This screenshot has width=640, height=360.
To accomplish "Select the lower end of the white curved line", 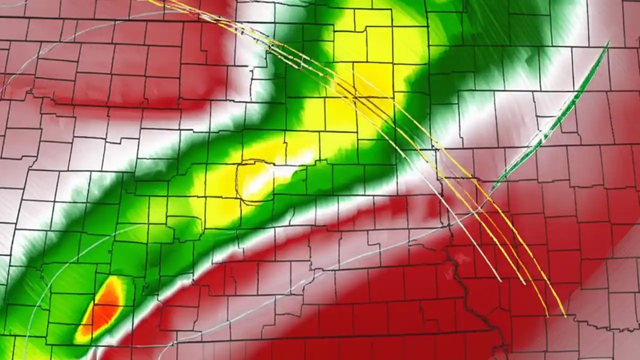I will (x=500, y=280).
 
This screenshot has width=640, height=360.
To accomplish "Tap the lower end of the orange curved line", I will (x=547, y=315).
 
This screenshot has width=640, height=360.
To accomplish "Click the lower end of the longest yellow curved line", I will (x=565, y=316).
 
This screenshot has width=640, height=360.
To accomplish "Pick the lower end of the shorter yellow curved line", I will (x=524, y=284).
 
